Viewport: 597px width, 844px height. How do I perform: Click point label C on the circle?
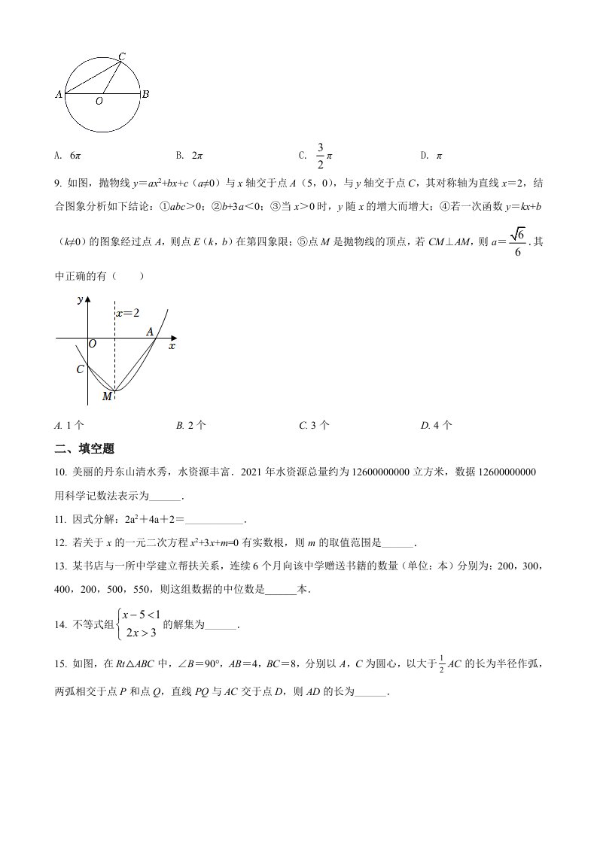click(x=122, y=56)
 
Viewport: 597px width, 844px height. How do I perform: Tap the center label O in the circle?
click(x=99, y=102)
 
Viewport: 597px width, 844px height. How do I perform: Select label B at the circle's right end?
click(x=145, y=94)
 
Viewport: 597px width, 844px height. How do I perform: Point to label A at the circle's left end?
click(x=59, y=95)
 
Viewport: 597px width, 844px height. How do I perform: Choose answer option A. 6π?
click(x=68, y=156)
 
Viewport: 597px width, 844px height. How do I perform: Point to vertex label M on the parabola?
click(x=107, y=396)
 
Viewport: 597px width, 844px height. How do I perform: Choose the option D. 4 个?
click(x=437, y=425)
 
